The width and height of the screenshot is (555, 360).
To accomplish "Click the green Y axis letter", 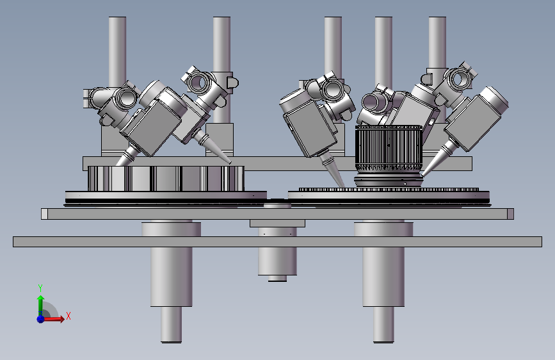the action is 40,288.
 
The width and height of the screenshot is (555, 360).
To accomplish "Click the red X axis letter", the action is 68,316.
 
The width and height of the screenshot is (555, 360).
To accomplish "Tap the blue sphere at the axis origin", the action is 41,319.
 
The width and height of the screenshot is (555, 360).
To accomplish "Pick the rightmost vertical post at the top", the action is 437,42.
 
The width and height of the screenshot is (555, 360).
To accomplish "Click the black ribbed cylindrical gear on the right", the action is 389,149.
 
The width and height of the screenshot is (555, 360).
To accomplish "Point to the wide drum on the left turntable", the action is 166,179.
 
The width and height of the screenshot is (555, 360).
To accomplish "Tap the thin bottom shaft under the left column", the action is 172,325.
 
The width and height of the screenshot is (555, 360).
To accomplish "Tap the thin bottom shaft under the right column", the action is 383,325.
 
